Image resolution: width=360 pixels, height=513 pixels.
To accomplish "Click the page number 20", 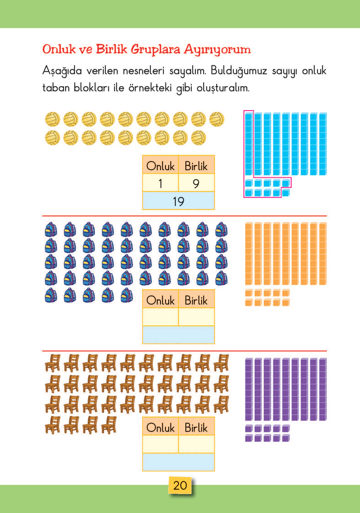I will [180, 485].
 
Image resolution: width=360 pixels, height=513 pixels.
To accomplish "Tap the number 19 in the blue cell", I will [178, 201].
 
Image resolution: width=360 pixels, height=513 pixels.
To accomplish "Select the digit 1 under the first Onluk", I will [160, 183].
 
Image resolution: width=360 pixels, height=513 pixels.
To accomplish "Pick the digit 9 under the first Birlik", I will [196, 183].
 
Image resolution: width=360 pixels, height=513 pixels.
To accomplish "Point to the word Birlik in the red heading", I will [111, 49].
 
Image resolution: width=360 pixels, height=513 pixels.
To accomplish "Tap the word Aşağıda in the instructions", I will [62, 71].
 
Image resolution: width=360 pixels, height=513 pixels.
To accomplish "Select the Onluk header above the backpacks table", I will [160, 300].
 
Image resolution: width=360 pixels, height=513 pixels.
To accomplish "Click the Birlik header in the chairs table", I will [196, 428].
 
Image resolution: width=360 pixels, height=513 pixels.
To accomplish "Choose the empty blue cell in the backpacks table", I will [178, 335].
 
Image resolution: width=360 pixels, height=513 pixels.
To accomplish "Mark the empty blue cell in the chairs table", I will [178, 462].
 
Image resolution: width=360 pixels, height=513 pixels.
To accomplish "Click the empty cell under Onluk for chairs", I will [160, 444].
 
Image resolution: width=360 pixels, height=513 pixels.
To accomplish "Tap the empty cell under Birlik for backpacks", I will [196, 317].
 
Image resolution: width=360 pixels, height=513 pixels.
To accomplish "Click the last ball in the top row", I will [217, 119].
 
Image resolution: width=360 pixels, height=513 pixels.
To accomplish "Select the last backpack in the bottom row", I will [127, 295].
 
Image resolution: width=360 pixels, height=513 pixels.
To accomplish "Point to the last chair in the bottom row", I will [109, 425].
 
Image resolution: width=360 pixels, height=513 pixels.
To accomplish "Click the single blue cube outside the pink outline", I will [286, 193].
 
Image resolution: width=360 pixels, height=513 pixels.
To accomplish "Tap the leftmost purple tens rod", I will [249, 389].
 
